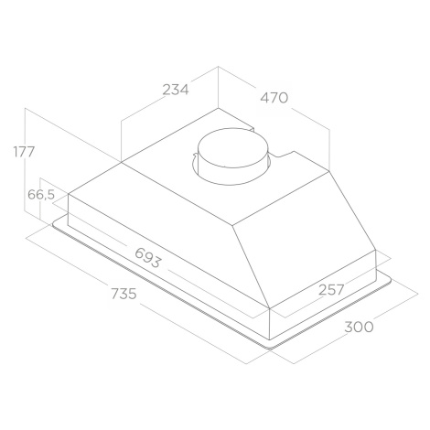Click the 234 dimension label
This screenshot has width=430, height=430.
click(x=176, y=90)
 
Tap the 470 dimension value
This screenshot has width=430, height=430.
click(x=274, y=98)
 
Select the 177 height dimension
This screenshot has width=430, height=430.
click(x=25, y=152)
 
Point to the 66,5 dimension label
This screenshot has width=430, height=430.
click(x=41, y=195)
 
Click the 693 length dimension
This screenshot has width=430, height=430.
click(x=147, y=258)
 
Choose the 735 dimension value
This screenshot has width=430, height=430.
click(x=124, y=294)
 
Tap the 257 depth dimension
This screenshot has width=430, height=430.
click(x=331, y=290)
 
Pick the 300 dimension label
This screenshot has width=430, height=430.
click(x=359, y=328)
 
